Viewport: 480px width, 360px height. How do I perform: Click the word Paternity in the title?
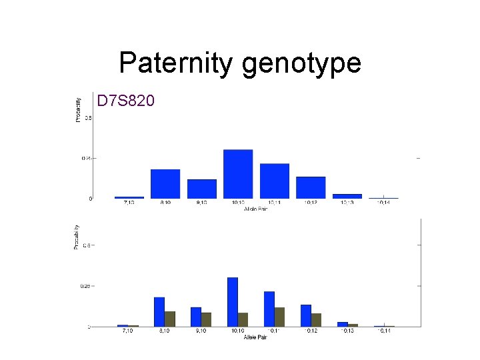point(175,63)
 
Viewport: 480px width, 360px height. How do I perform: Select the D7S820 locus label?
point(126,101)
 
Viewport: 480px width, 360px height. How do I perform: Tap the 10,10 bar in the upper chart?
point(238,174)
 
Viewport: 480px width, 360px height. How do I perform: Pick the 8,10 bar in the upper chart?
point(165,184)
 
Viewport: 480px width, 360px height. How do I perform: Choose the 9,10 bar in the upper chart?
point(201,189)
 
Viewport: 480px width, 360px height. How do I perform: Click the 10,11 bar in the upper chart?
point(275,181)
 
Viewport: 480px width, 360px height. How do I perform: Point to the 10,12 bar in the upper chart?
point(311,187)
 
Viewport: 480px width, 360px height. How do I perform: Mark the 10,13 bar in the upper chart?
point(347,196)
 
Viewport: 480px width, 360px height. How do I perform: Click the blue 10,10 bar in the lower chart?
point(233,302)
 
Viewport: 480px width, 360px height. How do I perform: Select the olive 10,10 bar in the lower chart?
point(243,319)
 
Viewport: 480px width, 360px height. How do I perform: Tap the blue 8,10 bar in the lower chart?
point(159,312)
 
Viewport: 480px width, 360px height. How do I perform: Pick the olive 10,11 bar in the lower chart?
point(279,317)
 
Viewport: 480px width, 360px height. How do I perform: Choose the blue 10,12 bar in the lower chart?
point(306,315)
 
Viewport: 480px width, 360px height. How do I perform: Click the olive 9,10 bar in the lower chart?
point(206,319)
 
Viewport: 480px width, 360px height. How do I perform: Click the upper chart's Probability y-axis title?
point(78,109)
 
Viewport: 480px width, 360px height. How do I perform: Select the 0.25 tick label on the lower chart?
point(84,286)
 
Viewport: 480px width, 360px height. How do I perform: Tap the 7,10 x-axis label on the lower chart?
point(128,331)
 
